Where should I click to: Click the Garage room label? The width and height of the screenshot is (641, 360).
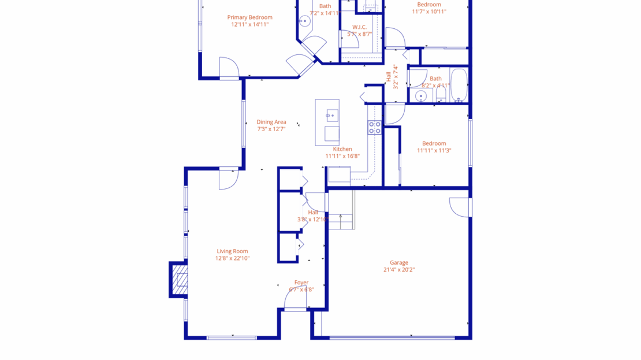pos(398,262)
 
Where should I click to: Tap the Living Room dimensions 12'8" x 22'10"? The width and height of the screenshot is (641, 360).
pos(232,258)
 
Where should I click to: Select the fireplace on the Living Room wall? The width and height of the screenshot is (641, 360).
pos(180,280)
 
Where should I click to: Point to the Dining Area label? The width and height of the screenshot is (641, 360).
pos(271,122)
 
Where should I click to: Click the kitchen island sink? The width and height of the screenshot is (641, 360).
pos(331,116)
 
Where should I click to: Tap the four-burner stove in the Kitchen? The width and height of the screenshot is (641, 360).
pos(375,128)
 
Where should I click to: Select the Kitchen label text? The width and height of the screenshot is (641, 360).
pos(342,149)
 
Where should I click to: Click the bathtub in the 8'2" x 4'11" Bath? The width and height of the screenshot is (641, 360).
pos(459,86)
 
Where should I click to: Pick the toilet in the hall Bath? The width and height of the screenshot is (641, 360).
pos(441,94)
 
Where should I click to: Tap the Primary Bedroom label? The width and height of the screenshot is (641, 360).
pos(249,17)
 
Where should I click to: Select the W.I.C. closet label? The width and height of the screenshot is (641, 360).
pos(359,27)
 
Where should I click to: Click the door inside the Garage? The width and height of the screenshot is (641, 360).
pos(460,207)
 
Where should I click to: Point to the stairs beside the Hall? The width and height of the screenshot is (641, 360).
pos(341,210)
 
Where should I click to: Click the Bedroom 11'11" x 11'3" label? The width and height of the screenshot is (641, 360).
pos(434,143)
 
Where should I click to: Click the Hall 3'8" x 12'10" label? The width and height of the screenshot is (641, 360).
pos(312,212)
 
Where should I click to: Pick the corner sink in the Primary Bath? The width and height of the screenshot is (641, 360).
pos(304,21)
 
